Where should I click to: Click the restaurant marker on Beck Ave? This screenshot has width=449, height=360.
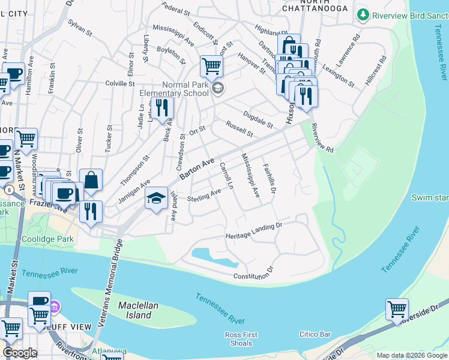pyautogui.click(x=161, y=108)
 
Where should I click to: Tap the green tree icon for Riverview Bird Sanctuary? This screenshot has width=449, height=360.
pyautogui.click(x=363, y=14)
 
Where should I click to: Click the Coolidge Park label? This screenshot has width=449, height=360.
pyautogui.click(x=53, y=239)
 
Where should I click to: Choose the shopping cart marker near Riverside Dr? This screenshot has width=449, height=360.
pyautogui.click(x=397, y=310)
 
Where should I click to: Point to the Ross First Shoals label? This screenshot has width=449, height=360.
pyautogui.click(x=241, y=339)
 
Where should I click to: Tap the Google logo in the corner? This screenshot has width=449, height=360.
pyautogui.click(x=20, y=353)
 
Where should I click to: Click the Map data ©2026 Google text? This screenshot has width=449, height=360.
pyautogui.click(x=411, y=355)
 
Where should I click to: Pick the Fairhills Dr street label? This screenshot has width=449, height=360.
pyautogui.click(x=269, y=179)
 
